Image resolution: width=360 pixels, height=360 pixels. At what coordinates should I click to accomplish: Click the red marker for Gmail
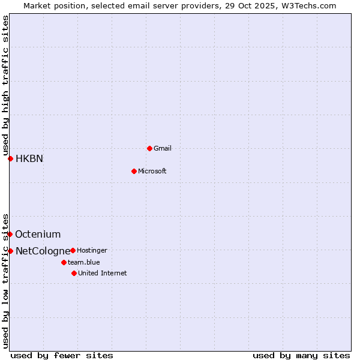click(149, 148)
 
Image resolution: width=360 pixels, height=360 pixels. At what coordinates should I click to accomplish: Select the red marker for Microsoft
click(134, 171)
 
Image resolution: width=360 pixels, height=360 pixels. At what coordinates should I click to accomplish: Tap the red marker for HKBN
click(10, 158)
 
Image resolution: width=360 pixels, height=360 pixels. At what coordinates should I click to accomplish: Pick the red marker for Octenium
click(10, 234)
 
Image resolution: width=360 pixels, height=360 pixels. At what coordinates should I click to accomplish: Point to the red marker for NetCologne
click(10, 251)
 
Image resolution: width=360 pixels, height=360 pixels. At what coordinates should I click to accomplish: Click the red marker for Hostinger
click(73, 250)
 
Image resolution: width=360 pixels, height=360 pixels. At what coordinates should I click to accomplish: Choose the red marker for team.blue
click(64, 262)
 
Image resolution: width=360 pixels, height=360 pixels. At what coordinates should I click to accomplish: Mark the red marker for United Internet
click(74, 273)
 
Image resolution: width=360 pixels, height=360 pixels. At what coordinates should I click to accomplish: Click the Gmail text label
click(163, 148)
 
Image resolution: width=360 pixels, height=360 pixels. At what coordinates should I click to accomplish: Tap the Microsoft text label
click(152, 171)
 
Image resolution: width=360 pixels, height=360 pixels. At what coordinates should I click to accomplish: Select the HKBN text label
click(29, 159)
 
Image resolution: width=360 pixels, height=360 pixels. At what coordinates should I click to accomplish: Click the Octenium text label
click(38, 235)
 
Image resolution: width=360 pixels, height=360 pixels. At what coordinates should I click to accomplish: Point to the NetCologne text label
click(42, 251)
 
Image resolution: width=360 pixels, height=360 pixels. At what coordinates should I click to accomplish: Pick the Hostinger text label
click(92, 250)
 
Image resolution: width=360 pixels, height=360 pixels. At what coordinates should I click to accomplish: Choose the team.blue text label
click(84, 262)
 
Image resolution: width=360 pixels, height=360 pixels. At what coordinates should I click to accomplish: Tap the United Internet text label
click(103, 273)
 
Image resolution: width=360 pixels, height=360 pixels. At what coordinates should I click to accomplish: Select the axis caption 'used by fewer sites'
click(62, 355)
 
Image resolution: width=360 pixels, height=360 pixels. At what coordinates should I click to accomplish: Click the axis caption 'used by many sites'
click(301, 355)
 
